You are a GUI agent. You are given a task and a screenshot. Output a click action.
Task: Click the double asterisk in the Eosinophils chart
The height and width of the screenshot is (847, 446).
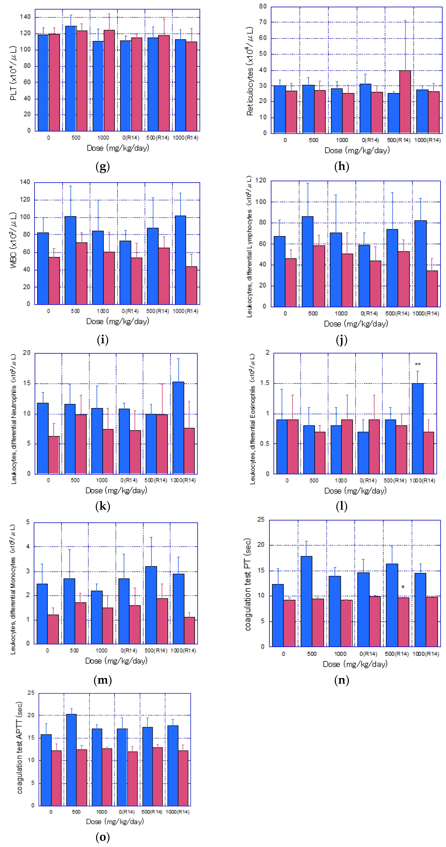tap(417, 364)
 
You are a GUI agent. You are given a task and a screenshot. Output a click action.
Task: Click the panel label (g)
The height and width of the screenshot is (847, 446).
tap(102, 167)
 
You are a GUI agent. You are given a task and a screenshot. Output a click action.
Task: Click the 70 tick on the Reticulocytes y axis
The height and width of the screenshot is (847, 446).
tap(263, 22)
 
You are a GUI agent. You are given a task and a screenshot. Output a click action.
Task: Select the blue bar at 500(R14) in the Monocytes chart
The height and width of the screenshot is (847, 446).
tap(151, 605)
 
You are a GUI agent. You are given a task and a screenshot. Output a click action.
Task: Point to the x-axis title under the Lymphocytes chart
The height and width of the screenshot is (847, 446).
tap(356, 324)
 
